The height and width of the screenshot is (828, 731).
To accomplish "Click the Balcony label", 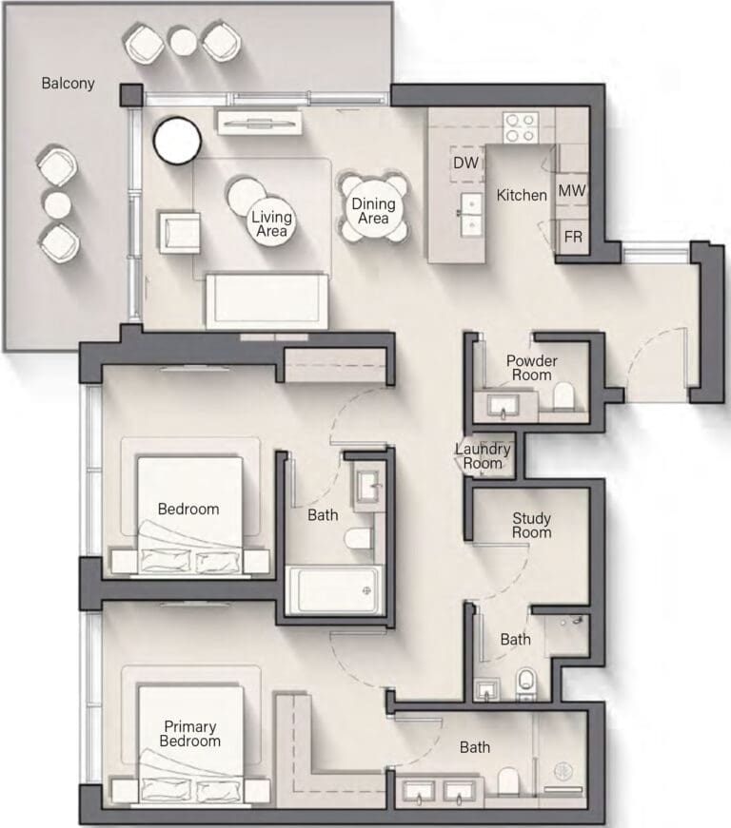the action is point(68,84).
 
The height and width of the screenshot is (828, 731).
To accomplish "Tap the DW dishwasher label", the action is point(465,163).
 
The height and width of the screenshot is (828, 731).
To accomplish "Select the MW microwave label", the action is point(572,190).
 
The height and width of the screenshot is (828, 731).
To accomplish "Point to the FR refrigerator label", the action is point(573,237).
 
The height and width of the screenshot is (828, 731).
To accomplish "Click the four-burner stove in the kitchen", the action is point(521,127).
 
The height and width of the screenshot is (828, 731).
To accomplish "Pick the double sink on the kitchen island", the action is point(471,215).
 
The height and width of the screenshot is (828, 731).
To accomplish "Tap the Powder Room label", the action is point(531,368).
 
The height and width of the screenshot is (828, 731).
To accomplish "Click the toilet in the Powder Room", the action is point(563,396).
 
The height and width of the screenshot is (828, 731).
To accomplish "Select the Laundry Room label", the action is point(483,456).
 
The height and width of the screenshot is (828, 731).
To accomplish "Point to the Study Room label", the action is point(532,525).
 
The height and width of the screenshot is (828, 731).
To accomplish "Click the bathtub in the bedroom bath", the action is point(334,590).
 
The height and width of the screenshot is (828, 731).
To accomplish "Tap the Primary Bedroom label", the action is point(189,734).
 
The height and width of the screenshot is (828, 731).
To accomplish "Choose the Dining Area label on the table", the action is point(373,211).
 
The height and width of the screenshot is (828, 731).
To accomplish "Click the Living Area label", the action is point(271,223).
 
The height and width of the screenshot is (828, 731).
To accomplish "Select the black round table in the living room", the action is point(177,141).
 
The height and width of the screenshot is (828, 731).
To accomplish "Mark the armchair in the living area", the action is point(179,232).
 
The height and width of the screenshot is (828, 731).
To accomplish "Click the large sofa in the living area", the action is point(267,301).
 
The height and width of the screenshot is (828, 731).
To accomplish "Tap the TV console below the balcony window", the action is point(259,123).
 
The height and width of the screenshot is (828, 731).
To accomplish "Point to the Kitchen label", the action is point(522,196).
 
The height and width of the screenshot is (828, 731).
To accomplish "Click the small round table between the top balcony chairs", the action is point(183,40).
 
